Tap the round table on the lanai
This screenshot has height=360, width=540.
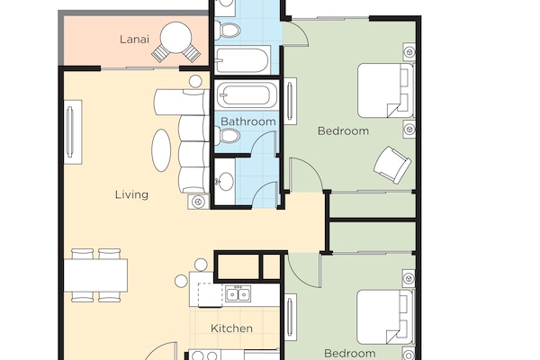[175, 40]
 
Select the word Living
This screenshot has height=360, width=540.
[131, 194]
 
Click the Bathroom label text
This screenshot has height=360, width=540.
[247, 121]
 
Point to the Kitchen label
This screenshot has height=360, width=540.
[231, 328]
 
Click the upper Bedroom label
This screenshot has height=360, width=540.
[343, 130]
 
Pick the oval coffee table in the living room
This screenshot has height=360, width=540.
[159, 149]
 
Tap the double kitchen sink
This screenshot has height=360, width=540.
[238, 294]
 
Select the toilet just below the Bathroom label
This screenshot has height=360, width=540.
[230, 137]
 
